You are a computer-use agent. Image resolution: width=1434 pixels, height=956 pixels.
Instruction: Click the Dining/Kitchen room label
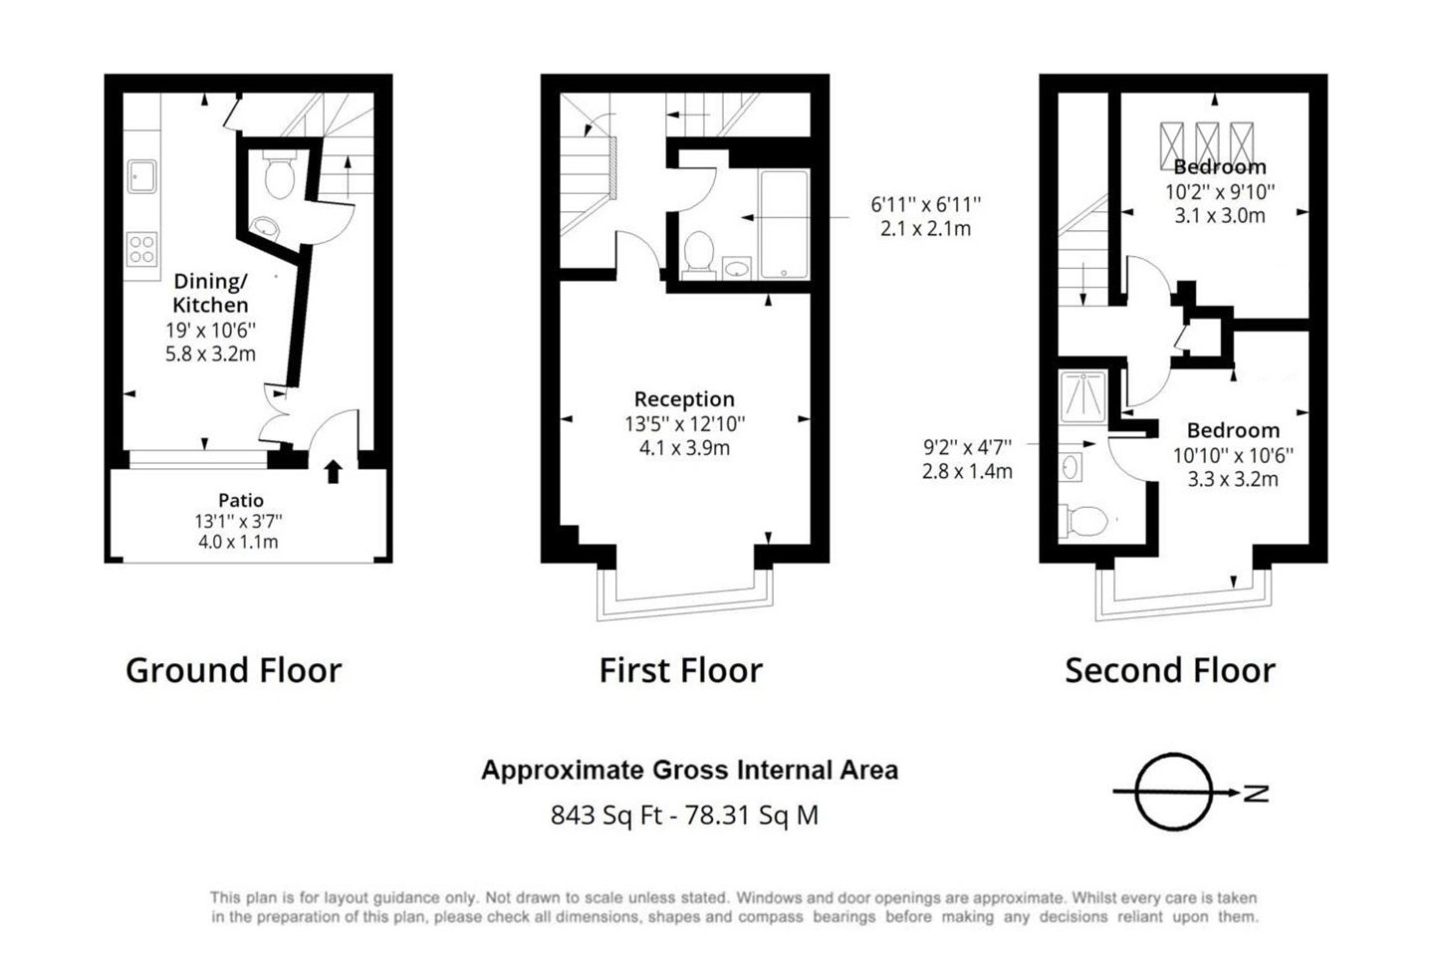point(211,293)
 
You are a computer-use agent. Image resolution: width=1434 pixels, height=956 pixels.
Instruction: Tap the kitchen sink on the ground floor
point(141,176)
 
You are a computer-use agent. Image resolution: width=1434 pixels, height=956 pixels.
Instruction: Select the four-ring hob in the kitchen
point(141,249)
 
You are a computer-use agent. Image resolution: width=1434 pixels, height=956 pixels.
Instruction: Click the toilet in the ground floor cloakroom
point(279,175)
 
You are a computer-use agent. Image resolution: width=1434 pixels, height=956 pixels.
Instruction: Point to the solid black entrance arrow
point(333,471)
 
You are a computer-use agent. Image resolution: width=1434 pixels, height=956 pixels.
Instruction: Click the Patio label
point(241,500)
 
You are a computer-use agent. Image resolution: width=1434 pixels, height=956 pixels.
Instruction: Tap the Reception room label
point(684,399)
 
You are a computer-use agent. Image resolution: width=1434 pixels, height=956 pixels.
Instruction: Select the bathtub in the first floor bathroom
point(785,224)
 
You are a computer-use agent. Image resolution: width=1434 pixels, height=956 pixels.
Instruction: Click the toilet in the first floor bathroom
point(699,255)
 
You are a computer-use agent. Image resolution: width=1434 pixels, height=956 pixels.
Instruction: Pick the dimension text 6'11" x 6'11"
point(926,204)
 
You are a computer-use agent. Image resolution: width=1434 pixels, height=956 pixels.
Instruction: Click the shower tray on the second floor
point(1082,396)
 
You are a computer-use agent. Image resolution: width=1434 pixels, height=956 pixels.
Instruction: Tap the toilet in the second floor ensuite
point(1083,521)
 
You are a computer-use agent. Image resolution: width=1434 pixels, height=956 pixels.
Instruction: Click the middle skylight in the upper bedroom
point(1207,146)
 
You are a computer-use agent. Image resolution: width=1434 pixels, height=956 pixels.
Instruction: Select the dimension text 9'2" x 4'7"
point(967,446)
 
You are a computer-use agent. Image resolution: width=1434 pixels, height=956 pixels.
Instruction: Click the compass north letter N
point(1256,794)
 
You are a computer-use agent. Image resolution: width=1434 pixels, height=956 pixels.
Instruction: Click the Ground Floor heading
point(234,670)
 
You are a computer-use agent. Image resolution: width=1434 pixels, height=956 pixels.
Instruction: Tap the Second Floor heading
point(1170,670)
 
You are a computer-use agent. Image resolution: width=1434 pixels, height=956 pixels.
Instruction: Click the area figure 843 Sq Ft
point(606,816)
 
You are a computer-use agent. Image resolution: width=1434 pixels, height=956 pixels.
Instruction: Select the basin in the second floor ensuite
point(1071,467)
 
